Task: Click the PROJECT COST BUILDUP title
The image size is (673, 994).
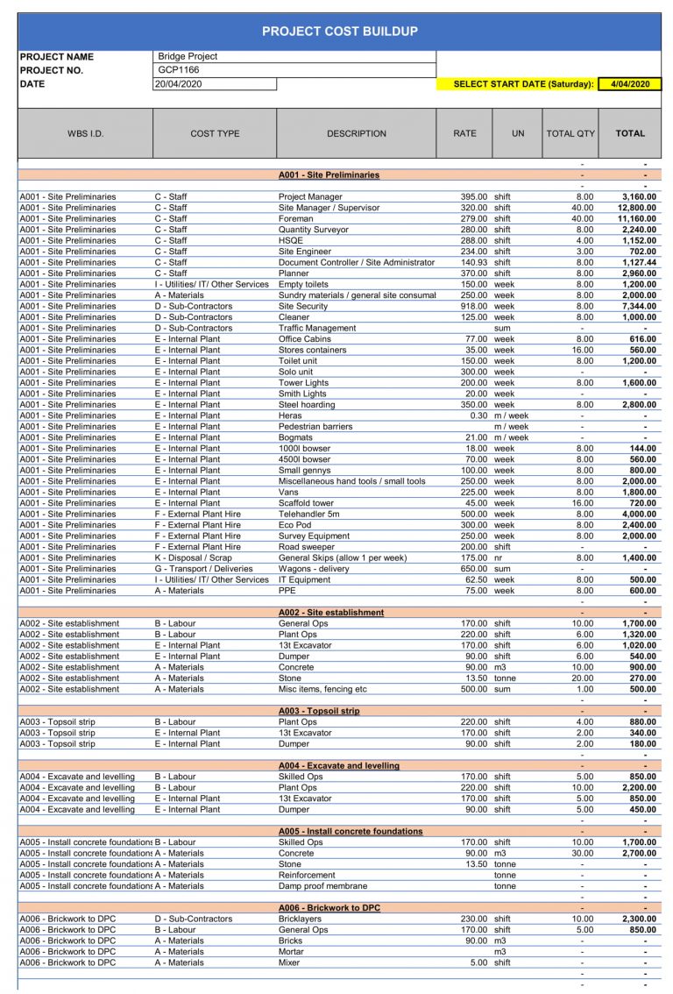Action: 339,32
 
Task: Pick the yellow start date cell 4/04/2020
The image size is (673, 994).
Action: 630,85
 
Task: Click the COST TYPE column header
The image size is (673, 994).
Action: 215,134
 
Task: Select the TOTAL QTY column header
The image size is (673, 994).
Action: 570,134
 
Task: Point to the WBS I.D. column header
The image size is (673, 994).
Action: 85,134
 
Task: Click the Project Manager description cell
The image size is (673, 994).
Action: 310,197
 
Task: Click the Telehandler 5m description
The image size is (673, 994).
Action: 308,515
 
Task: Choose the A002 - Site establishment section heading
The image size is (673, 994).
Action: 330,613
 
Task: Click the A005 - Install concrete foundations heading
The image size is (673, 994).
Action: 350,832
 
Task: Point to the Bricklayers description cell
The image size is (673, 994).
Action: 301,919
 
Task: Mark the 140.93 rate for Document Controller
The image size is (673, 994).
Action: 471,263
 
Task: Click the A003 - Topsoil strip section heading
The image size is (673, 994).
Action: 318,711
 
